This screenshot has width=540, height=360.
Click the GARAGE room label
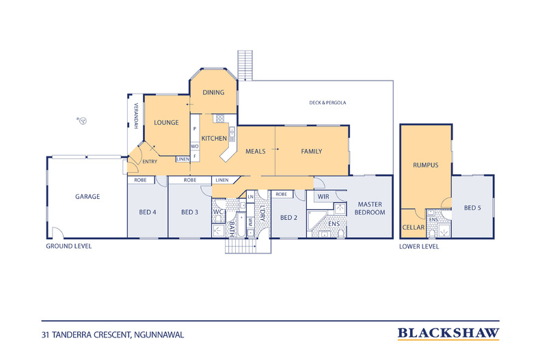click(87, 197)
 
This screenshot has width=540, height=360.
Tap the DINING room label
click(213, 92)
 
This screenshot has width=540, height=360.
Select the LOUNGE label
click(166, 122)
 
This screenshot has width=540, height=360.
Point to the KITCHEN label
click(214, 139)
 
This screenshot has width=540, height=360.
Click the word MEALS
click(255, 152)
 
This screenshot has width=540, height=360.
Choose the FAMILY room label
click(311, 152)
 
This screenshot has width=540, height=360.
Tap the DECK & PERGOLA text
click(327, 102)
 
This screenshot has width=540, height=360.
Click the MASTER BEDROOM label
click(370, 208)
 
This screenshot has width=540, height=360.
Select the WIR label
click(323, 197)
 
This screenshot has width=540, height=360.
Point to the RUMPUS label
click(426, 165)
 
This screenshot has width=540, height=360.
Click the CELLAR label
click(414, 227)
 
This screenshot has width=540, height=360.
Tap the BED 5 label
click(472, 208)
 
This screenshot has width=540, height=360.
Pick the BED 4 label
click(148, 212)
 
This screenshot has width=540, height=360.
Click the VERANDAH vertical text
click(136, 116)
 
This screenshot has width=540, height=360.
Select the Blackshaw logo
click(448, 333)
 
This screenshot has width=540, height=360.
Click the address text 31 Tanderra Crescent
click(113, 335)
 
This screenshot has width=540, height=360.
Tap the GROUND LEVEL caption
click(69, 246)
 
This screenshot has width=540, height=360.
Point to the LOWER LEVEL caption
click(419, 247)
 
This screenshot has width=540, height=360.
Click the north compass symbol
click(82, 120)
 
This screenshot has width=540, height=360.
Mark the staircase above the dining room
click(245, 66)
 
